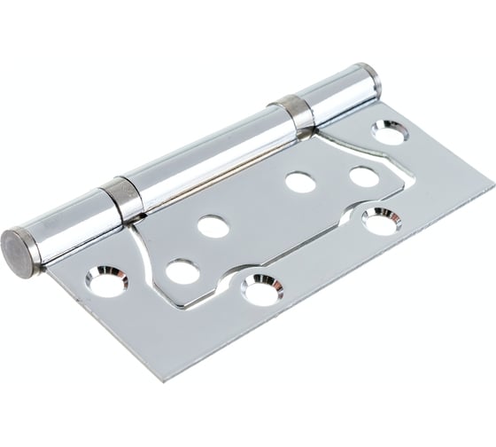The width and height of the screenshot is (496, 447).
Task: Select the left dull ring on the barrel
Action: [x=122, y=199]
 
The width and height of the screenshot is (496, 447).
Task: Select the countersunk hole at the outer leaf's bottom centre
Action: [x=262, y=288]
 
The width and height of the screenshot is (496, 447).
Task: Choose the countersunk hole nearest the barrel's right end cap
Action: [x=390, y=133]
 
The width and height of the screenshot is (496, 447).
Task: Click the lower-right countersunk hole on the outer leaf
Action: [x=381, y=220]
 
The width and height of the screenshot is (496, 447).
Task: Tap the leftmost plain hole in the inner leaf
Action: [x=182, y=271]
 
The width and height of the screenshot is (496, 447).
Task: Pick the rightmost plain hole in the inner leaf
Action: [x=364, y=176]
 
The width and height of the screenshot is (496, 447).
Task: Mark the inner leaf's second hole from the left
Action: [x=213, y=226]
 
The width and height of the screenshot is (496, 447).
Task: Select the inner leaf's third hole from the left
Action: [x=300, y=182]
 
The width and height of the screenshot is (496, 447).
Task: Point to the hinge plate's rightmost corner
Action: [x=492, y=187]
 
